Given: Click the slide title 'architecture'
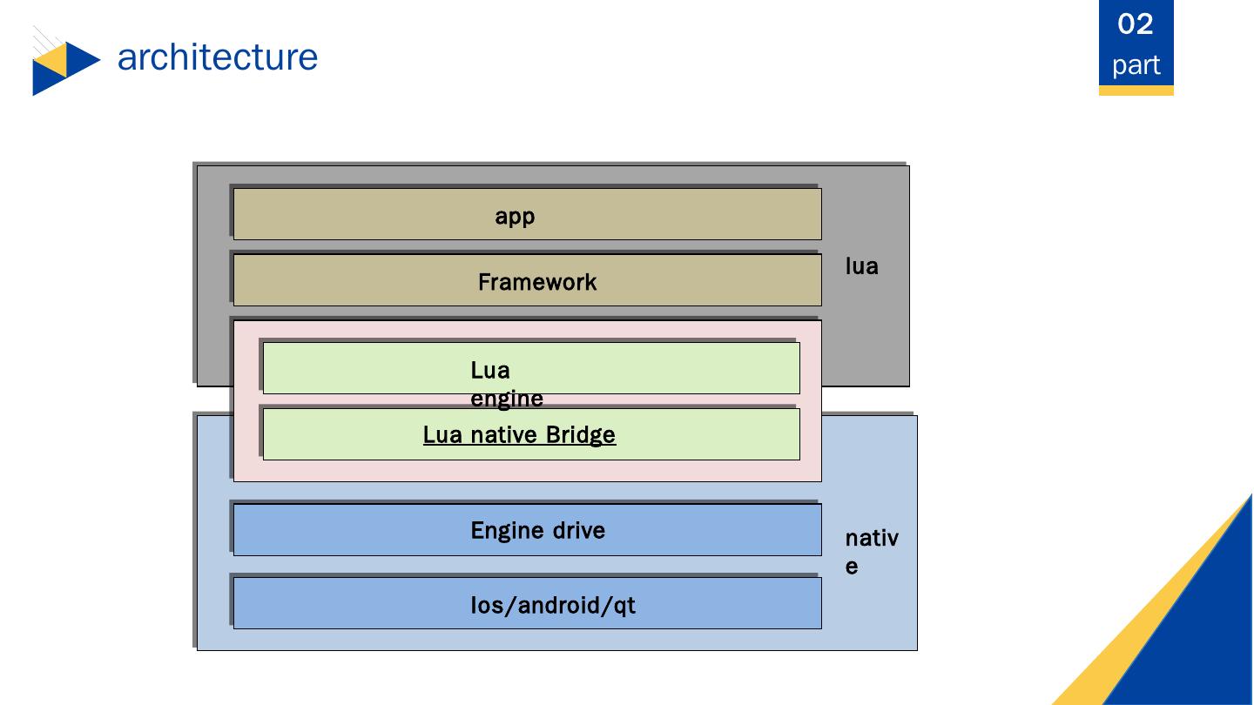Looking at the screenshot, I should click(x=217, y=57).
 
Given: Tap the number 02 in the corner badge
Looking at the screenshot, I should click(x=1136, y=24).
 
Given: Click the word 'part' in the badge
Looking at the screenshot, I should click(x=1136, y=65).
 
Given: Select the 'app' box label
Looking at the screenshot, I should click(x=515, y=216).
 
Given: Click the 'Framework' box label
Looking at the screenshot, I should click(x=537, y=282).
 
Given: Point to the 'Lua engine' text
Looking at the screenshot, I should click(x=506, y=384).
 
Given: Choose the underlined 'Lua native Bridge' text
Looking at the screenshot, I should click(x=519, y=434).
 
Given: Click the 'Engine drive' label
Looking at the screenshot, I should click(x=537, y=530).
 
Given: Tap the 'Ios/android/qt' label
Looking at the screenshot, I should click(x=553, y=605).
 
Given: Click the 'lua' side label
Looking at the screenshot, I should click(x=861, y=266).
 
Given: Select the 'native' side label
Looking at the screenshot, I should click(x=871, y=552).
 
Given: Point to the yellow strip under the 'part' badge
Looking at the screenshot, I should click(x=1136, y=91).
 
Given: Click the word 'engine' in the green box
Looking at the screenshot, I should click(x=506, y=399).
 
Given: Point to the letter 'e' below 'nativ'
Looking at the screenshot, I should click(x=852, y=567).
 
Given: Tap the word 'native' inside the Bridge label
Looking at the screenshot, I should click(x=505, y=434).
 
